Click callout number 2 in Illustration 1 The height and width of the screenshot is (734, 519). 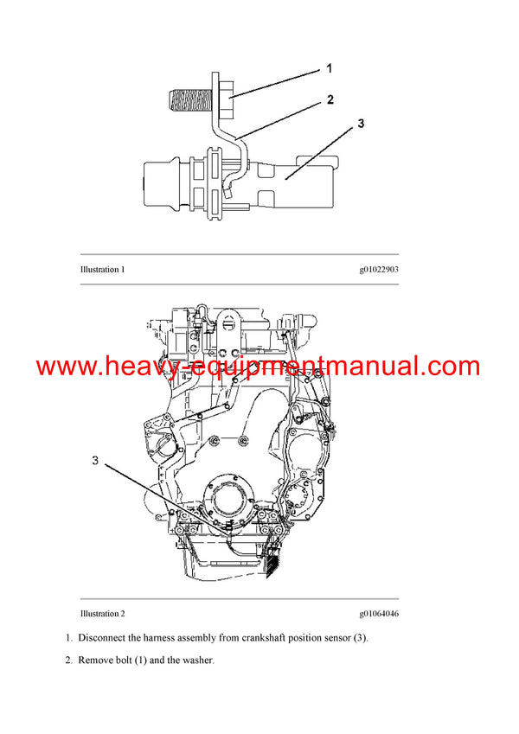330,99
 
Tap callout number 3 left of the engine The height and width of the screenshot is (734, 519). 96,461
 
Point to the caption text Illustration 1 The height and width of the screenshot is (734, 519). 102,270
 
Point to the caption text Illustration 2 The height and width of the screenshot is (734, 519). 102,614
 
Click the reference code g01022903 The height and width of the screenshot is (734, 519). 379,270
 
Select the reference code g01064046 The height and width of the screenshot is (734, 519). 379,614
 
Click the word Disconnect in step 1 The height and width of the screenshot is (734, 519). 101,638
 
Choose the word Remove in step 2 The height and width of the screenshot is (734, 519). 96,661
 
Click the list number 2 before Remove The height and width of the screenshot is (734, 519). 68,661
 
